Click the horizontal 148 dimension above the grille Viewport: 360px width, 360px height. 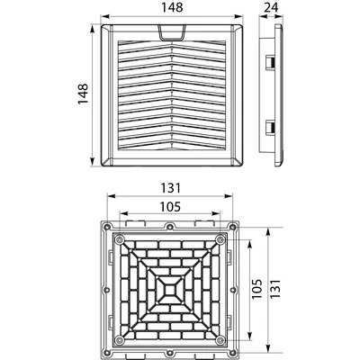(172, 7)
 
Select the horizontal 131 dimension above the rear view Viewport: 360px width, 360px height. (172, 187)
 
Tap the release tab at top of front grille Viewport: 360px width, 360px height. (172, 32)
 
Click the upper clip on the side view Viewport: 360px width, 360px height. (270, 60)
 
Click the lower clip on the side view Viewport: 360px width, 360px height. (270, 129)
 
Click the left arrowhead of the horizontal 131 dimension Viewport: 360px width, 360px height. (98, 196)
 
